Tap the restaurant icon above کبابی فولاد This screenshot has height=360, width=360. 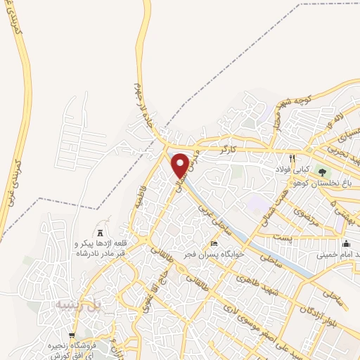292,158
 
